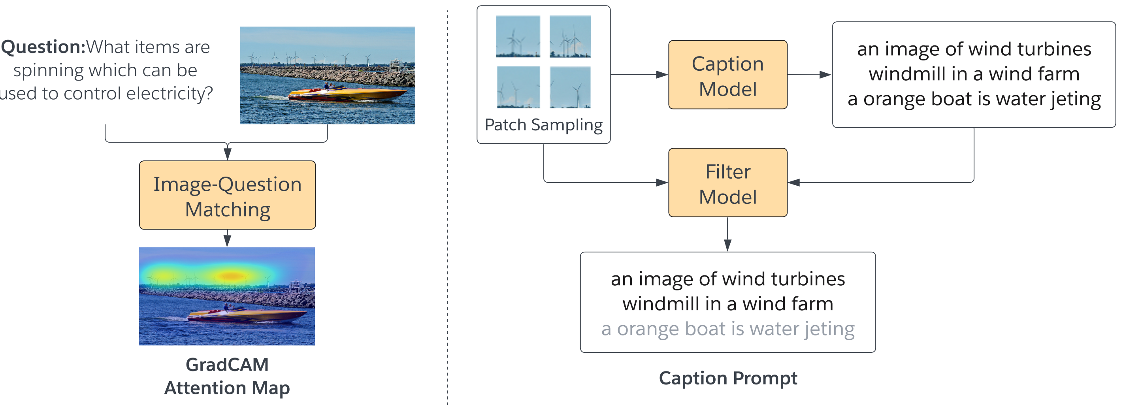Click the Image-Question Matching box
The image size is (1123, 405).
tap(227, 195)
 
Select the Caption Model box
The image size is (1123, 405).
tap(727, 75)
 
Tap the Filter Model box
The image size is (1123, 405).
tap(727, 183)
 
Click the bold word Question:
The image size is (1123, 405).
tap(43, 47)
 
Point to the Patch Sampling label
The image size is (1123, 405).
tap(543, 125)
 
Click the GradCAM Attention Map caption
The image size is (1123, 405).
tap(227, 376)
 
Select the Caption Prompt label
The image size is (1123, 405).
tap(727, 378)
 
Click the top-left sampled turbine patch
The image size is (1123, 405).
tap(518, 37)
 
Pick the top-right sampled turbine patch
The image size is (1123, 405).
tap(570, 37)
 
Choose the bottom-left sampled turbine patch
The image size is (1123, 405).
tap(518, 87)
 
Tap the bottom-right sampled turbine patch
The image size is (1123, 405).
tap(570, 87)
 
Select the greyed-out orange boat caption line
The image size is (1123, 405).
tap(727, 329)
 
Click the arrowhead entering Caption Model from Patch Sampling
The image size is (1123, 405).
tap(662, 75)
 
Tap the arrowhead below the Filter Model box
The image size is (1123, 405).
tap(727, 245)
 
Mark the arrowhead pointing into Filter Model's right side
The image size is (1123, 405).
tap(794, 183)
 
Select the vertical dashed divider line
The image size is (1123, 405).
tap(447, 205)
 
